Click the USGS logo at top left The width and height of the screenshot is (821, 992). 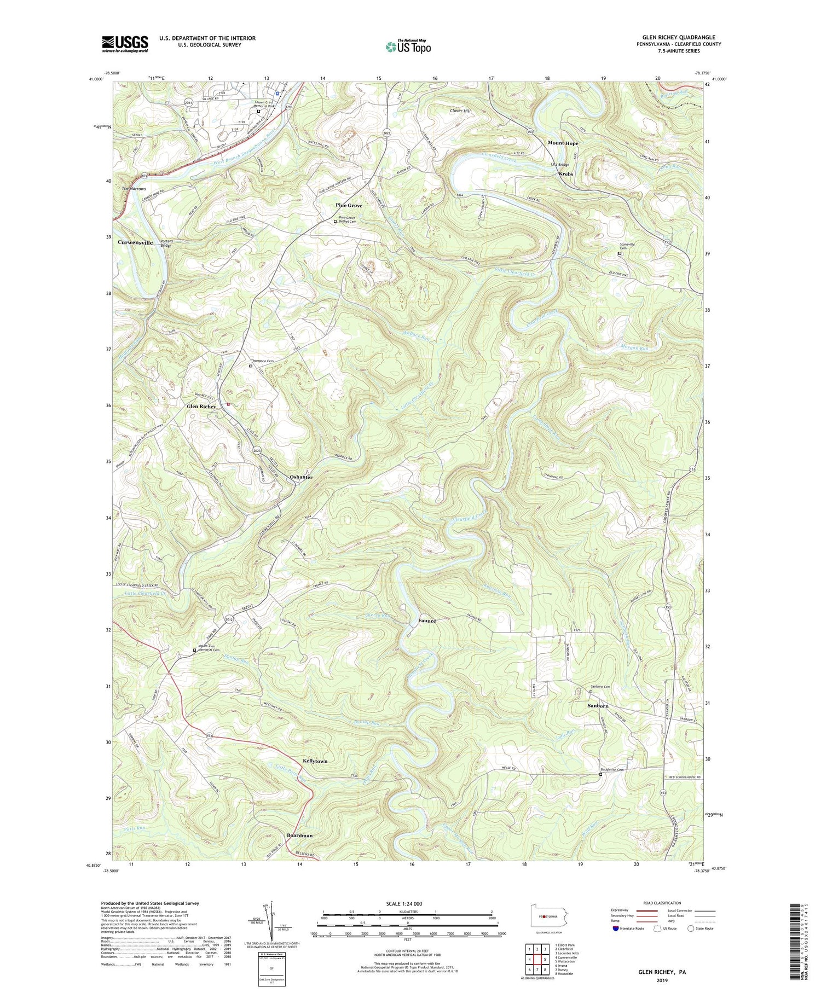[x=125, y=44]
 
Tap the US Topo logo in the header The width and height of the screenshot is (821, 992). [x=408, y=47]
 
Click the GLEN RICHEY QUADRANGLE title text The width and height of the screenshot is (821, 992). [x=675, y=37]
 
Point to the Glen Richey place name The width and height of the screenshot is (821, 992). [x=201, y=407]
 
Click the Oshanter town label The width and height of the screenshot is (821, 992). [x=301, y=477]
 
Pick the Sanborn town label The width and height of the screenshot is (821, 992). [x=598, y=706]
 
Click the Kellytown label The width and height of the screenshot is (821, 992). [x=315, y=761]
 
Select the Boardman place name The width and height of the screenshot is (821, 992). [x=300, y=836]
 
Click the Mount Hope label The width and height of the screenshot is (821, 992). [x=563, y=143]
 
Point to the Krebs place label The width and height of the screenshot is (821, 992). [x=566, y=174]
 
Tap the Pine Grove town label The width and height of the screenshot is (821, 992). [x=349, y=205]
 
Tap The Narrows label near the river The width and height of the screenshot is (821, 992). [x=134, y=188]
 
